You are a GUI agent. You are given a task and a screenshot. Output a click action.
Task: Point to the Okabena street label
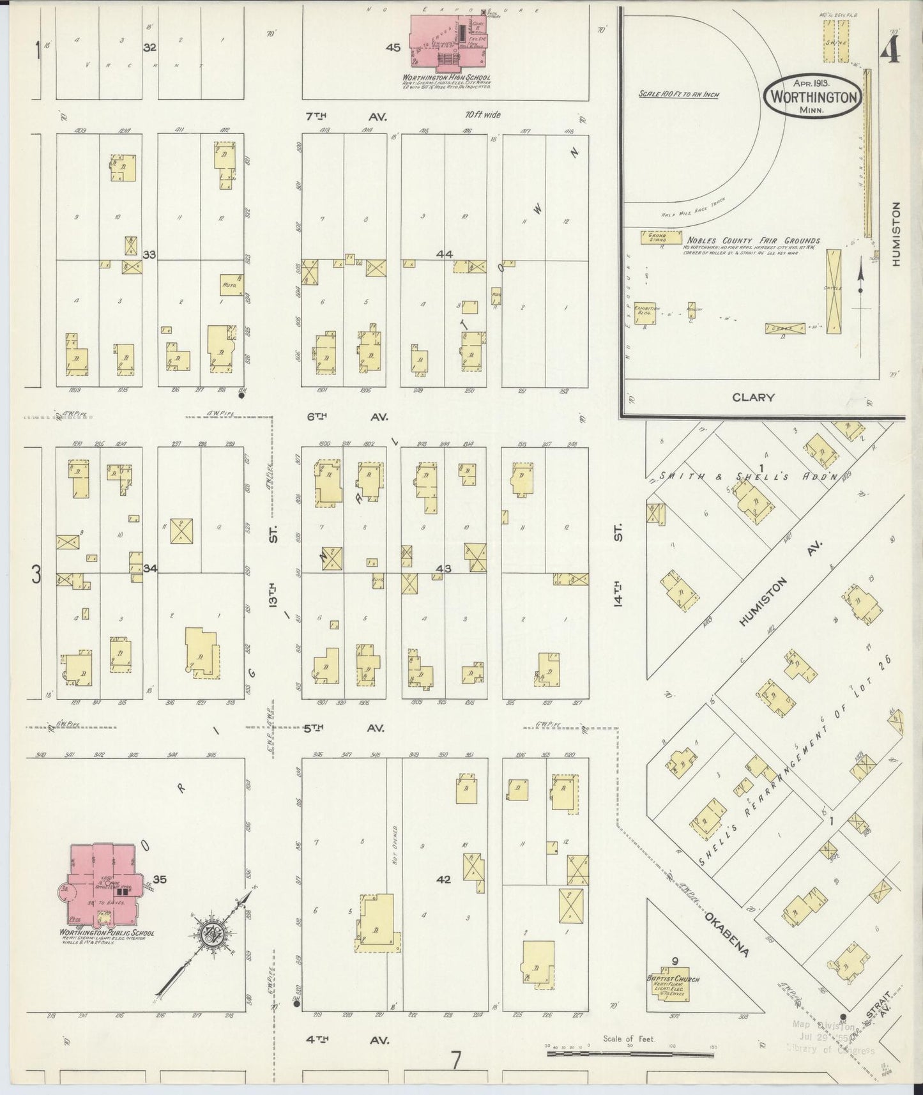click(726, 935)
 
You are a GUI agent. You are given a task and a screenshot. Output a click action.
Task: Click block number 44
click(445, 254)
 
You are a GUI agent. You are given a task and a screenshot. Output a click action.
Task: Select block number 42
click(443, 879)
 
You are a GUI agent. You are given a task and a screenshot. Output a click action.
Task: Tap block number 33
click(149, 254)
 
